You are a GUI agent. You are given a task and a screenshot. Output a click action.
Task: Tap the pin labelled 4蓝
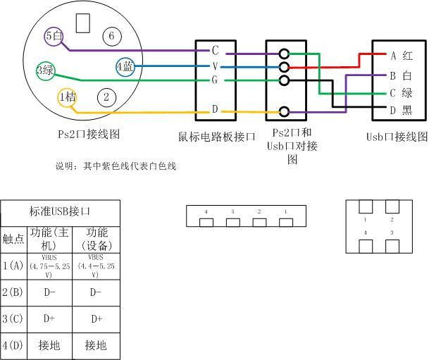pos(125,67)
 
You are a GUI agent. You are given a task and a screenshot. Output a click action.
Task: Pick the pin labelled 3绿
pos(45,70)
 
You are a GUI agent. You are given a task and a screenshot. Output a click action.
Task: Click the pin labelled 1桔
pos(67,97)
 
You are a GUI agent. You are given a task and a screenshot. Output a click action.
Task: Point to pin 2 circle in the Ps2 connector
pos(106,97)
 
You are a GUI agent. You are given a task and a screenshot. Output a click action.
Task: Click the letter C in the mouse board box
pos(215,51)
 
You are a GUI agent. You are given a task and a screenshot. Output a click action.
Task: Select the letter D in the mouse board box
pos(215,110)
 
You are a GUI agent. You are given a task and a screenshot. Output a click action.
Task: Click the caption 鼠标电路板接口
pos(216,136)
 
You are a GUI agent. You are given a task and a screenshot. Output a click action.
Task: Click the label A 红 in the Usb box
pos(401,55)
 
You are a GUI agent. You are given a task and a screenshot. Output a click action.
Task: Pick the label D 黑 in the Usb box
pos(401,110)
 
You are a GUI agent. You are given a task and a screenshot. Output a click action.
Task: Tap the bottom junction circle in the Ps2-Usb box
pos(285,111)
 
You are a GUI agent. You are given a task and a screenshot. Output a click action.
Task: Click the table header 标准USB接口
pos(60,211)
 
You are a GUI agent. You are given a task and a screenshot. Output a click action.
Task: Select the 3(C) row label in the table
pos(13,318)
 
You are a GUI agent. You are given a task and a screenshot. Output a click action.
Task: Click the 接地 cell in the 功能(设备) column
pos(96,345)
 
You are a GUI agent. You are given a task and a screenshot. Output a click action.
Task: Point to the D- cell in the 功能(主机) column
pos(49,292)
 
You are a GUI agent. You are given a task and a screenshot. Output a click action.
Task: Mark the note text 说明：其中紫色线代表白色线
pos(116,166)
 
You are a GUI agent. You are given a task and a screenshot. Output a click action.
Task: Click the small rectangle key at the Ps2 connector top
pos(83,23)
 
